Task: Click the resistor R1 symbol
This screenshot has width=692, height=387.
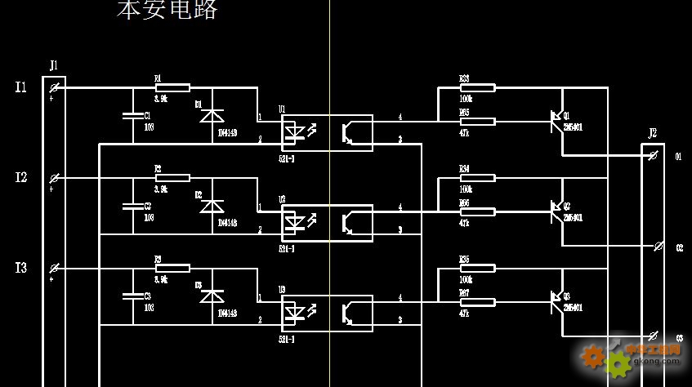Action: tap(172, 87)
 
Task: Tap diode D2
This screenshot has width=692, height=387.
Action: tap(212, 206)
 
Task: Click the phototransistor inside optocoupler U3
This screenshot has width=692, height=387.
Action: tap(349, 312)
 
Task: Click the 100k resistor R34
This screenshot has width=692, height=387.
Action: tap(477, 177)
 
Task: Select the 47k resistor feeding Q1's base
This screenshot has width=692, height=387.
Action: tap(477, 122)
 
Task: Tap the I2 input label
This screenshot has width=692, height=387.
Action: tap(21, 177)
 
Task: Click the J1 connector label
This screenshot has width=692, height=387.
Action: tap(54, 64)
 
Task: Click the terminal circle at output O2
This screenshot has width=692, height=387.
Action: tap(659, 245)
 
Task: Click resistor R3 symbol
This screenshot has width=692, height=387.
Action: tap(172, 268)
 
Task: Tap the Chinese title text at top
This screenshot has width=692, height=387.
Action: tap(167, 10)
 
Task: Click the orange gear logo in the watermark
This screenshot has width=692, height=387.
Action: tap(594, 356)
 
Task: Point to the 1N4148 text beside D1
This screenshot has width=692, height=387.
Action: tap(227, 132)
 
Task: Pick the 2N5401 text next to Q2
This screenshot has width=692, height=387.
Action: tap(573, 218)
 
